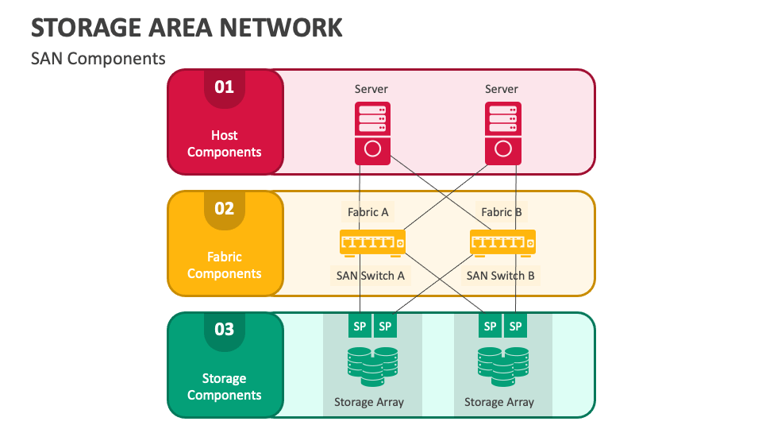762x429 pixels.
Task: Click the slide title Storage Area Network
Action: [x=187, y=27]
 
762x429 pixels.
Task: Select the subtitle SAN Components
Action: [x=98, y=59]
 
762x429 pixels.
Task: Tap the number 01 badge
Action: [x=225, y=87]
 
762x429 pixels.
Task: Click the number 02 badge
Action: [x=225, y=208]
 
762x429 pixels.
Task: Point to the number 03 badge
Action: [x=225, y=329]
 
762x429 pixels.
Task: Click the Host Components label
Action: [x=225, y=144]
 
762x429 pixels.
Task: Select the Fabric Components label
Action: [x=225, y=265]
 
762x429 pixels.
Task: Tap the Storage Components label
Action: [x=225, y=387]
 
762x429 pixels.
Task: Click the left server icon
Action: [x=372, y=133]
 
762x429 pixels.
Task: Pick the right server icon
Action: [x=502, y=133]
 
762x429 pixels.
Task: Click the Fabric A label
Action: [x=368, y=212]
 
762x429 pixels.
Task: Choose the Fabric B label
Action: [x=502, y=212]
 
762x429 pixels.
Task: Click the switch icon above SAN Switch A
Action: [x=372, y=242]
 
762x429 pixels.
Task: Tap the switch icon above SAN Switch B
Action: [x=502, y=242]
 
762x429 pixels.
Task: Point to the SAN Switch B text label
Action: [x=500, y=276]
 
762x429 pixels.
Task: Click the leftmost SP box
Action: [x=360, y=326]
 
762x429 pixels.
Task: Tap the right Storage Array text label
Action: [x=499, y=402]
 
